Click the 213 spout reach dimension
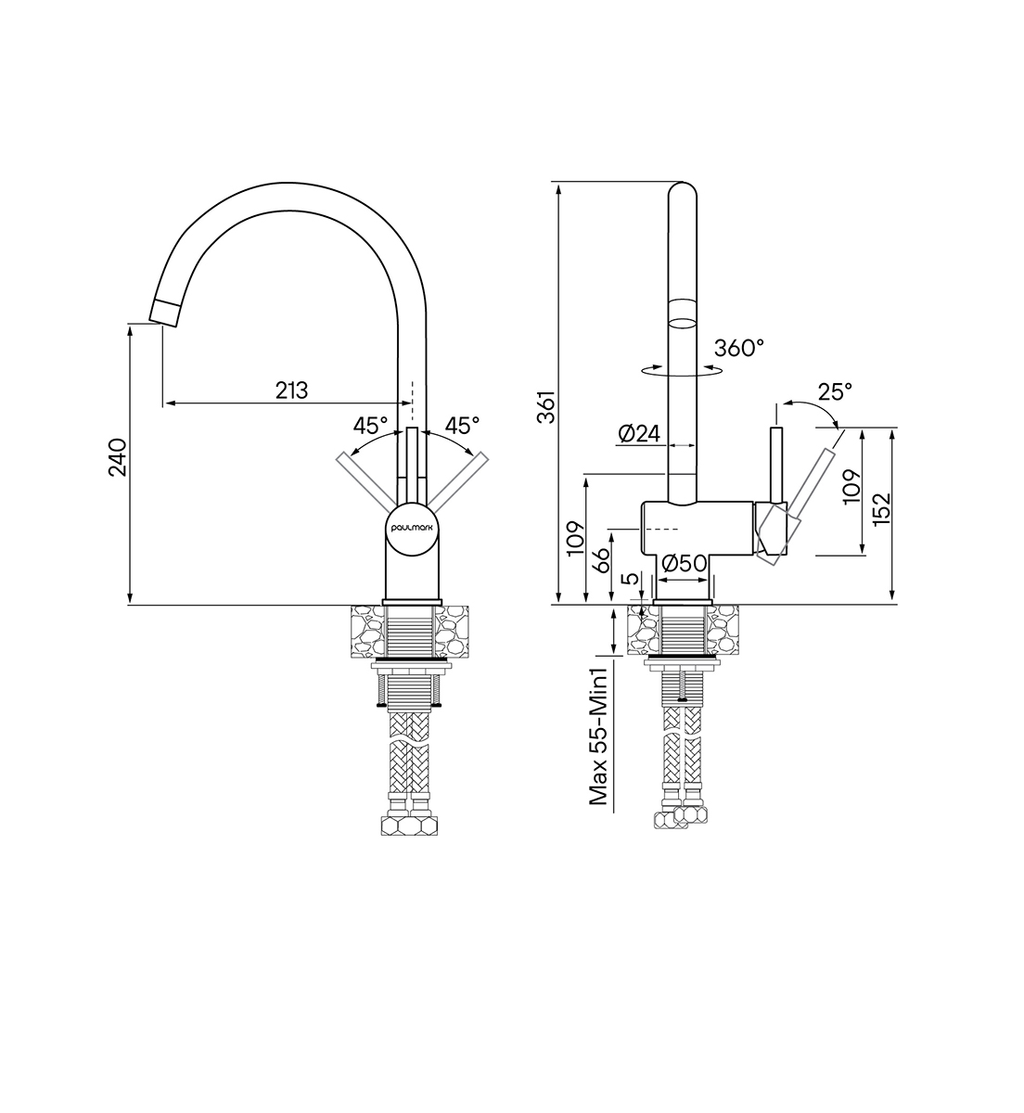click(292, 390)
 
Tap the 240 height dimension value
click(117, 457)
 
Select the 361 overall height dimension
click(546, 406)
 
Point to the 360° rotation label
click(738, 348)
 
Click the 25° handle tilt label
click(835, 392)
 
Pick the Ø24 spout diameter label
click(639, 434)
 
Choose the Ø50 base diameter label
click(685, 564)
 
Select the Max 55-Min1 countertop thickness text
click(598, 736)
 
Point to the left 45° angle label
click(370, 426)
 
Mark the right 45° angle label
click(462, 426)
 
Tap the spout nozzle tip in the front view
click(164, 313)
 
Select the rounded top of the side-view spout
click(683, 191)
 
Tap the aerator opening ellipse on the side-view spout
click(683, 324)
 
